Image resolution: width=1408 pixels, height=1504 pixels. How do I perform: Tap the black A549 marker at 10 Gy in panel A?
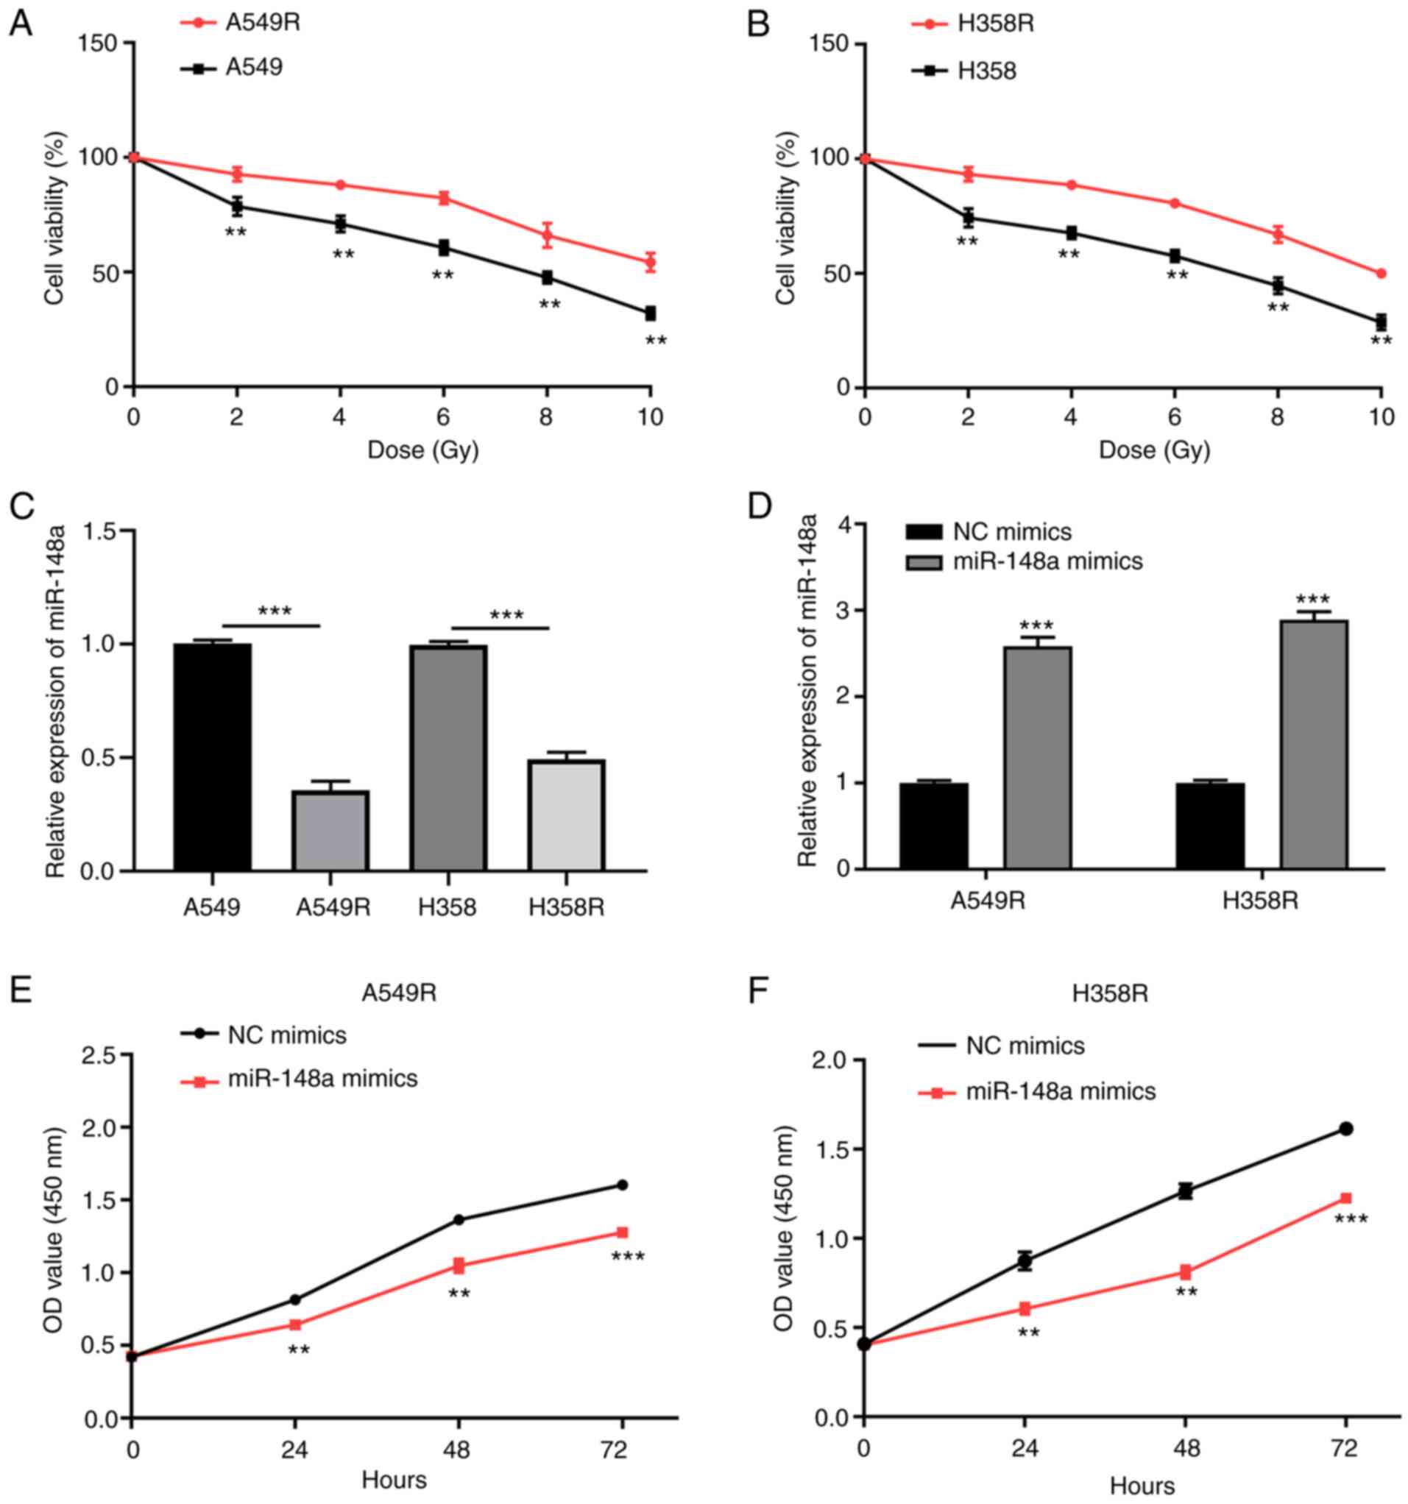tap(649, 313)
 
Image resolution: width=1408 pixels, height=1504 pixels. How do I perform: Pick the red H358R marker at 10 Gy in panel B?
tap(1381, 273)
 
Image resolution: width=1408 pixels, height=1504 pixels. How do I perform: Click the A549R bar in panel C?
tap(330, 830)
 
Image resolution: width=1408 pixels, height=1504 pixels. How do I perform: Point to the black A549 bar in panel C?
tap(213, 756)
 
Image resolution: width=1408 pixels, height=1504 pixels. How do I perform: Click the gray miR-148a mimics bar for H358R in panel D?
tap(1315, 745)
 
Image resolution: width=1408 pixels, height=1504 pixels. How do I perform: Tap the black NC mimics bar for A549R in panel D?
tap(933, 826)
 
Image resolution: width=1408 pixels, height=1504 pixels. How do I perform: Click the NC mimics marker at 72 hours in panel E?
tap(622, 1185)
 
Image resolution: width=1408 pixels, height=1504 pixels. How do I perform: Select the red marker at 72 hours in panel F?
tap(1346, 1199)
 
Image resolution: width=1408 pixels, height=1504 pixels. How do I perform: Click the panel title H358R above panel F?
tap(1110, 993)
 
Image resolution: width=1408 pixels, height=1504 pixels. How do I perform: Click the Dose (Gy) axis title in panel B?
tap(1155, 450)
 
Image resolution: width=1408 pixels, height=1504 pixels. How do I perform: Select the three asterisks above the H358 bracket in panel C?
tap(506, 615)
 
